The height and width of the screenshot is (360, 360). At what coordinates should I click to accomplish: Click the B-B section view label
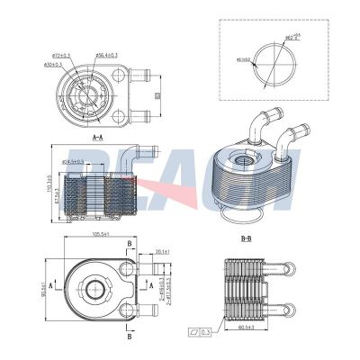tap(246, 239)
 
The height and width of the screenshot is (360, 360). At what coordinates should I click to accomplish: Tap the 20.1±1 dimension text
tap(163, 252)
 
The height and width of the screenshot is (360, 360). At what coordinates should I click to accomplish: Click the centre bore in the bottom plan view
tap(94, 291)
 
